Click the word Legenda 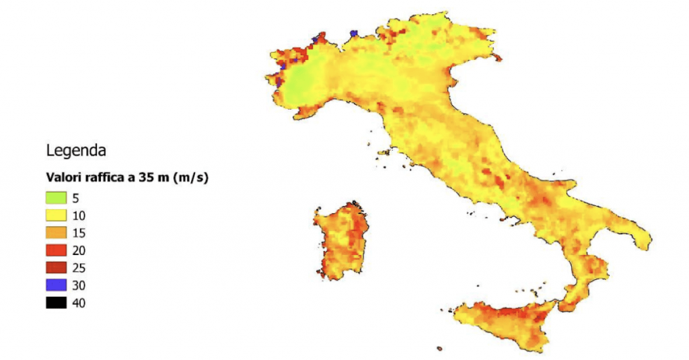pyautogui.click(x=76, y=149)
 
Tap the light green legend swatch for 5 pyautogui.click(x=57, y=199)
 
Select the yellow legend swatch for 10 pyautogui.click(x=57, y=216)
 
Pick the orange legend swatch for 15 pyautogui.click(x=57, y=233)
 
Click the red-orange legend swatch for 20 pyautogui.click(x=57, y=251)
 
